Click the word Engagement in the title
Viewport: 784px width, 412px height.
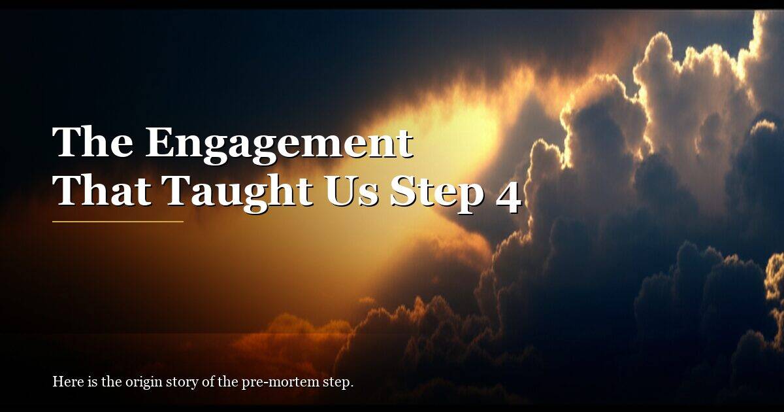(279, 144)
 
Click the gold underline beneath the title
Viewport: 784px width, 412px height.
(118, 222)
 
